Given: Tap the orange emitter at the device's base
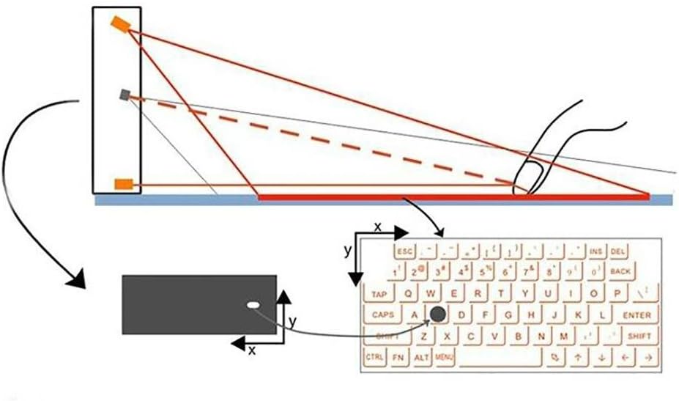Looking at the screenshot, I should [x=122, y=184].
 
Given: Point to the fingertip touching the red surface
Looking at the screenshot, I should [x=524, y=183].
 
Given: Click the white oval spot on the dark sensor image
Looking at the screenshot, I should [x=253, y=304].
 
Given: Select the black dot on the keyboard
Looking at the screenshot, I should [x=438, y=314].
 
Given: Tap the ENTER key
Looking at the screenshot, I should [x=637, y=315].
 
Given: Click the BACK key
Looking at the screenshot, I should [x=620, y=271].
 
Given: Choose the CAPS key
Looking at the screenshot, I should [x=382, y=315].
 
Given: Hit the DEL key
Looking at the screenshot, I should [x=618, y=251].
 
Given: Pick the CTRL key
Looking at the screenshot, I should [x=375, y=357].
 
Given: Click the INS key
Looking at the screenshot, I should [x=595, y=251].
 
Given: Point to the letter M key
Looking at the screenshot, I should [x=563, y=336].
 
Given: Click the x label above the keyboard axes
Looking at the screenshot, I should [x=378, y=227].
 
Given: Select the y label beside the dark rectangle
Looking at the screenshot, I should [x=292, y=322].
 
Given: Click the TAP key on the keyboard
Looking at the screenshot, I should [x=379, y=294].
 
